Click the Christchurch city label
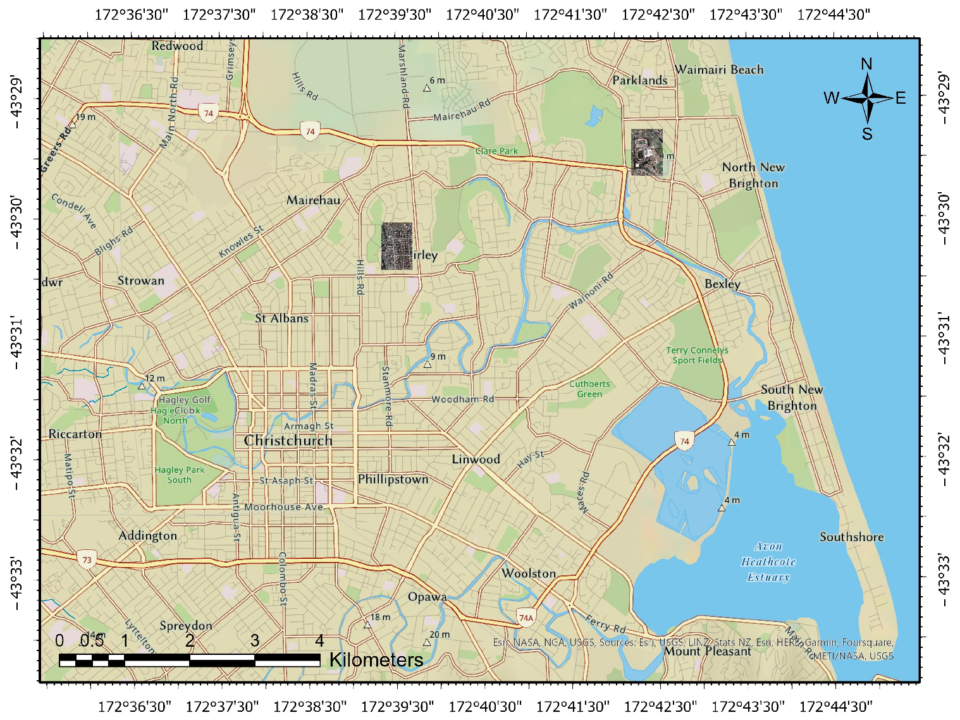pos(288,441)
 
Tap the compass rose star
pos(867,98)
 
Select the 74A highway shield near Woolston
pos(526,618)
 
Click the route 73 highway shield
pos(87,559)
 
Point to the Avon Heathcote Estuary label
pos(768,561)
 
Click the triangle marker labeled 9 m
pos(428,364)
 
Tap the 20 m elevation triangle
pos(427,643)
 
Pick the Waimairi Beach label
pos(719,70)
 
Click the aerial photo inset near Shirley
pos(397,246)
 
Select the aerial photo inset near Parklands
pos(647,152)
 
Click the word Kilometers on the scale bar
pos(376,660)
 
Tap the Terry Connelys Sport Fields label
pos(697,355)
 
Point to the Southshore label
pos(851,537)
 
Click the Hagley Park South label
pos(180,475)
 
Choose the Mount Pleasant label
pos(707,651)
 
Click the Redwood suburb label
pos(177,46)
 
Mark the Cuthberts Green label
pos(589,389)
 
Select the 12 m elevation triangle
pos(142,386)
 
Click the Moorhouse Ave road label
pos(283,507)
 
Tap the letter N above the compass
pos(866,64)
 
